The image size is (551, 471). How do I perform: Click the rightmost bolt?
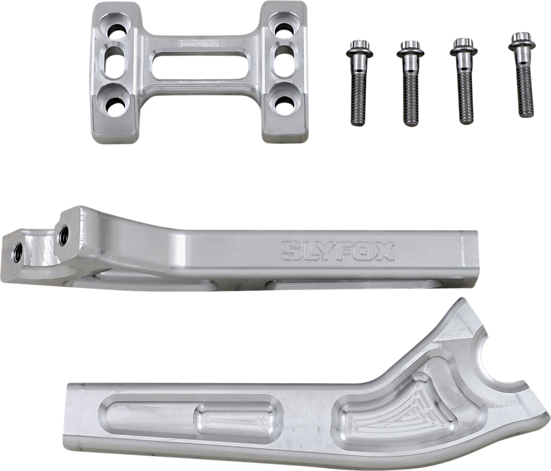(x=521, y=75)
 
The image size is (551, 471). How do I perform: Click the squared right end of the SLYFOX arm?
(x=471, y=257)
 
